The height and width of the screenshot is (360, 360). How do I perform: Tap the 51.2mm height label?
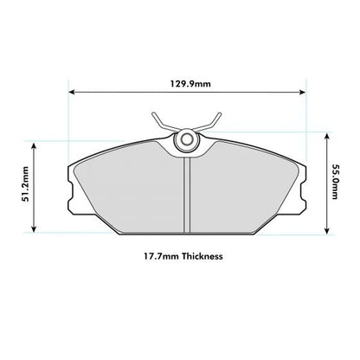(26, 183)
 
